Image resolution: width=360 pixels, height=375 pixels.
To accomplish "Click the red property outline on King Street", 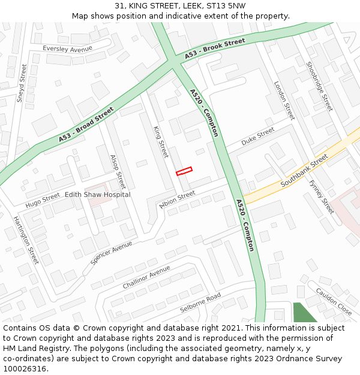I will point(184,171).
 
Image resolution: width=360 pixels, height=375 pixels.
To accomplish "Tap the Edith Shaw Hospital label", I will point(97,194).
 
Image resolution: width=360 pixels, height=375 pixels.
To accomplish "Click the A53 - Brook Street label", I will point(215,49).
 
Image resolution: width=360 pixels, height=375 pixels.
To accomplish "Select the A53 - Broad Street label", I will point(86,125).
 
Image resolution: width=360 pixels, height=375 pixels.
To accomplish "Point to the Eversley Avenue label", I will point(67,49).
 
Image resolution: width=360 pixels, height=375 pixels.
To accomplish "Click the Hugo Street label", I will point(43,197).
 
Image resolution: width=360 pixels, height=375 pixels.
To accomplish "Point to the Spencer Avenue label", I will point(111,253).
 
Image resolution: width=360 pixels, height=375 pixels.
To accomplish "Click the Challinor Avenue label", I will point(146,277).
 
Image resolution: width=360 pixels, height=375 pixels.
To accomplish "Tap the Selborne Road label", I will point(200,303).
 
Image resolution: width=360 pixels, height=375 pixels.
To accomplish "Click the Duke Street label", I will point(258,137).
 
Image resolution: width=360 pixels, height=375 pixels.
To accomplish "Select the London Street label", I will point(284,100).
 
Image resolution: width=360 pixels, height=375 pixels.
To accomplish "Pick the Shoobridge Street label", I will point(319,86).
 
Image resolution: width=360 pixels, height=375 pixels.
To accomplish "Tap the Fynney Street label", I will point(322,199).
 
